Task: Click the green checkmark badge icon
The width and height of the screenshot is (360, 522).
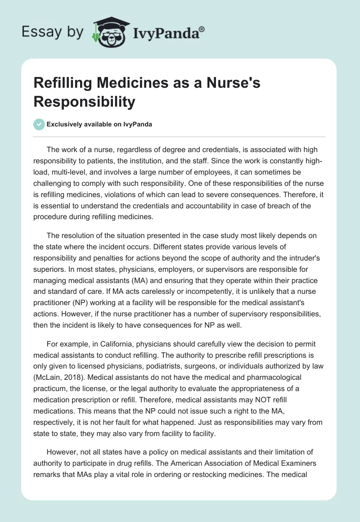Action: click(39, 124)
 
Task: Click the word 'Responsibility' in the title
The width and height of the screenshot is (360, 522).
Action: click(84, 102)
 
